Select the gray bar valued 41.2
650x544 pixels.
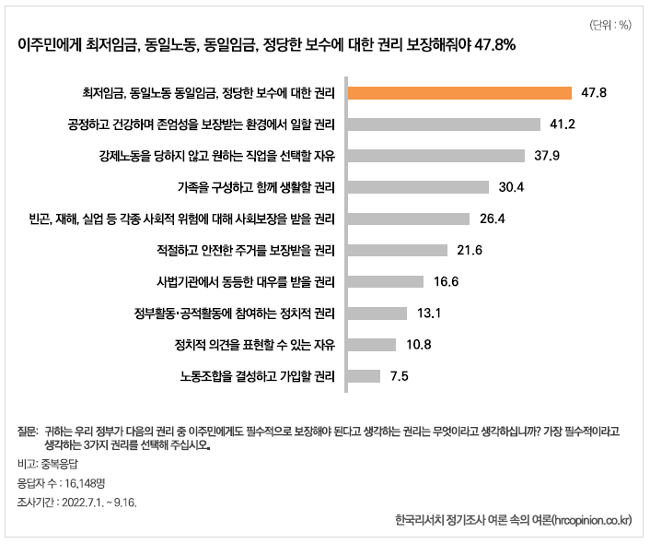pos(442,124)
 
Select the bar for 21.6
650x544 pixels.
pos(396,250)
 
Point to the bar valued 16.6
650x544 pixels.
pos(384,281)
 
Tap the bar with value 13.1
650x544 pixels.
pos(376,313)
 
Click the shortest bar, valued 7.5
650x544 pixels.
pos(363,375)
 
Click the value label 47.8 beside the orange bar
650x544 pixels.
pos(594,92)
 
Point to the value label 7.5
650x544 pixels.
pos(400,375)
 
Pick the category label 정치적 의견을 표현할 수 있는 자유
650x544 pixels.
pos(253,344)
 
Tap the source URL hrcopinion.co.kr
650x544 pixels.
pos(590,522)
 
